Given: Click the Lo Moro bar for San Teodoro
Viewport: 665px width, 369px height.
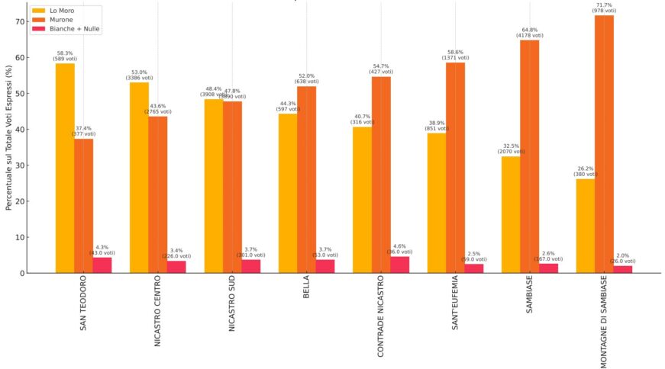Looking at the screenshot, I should (65, 168).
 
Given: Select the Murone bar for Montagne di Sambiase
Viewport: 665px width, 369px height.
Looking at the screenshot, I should (604, 144).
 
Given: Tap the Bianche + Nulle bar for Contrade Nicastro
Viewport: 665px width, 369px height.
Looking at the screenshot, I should (400, 265).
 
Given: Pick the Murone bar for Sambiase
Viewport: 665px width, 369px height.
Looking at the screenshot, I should (530, 156).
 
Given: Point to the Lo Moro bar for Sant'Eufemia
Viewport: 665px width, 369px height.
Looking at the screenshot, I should (437, 203).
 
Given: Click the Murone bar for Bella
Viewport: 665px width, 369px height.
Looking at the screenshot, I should (306, 179).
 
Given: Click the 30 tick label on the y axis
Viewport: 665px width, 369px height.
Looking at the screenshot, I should (19, 165).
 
